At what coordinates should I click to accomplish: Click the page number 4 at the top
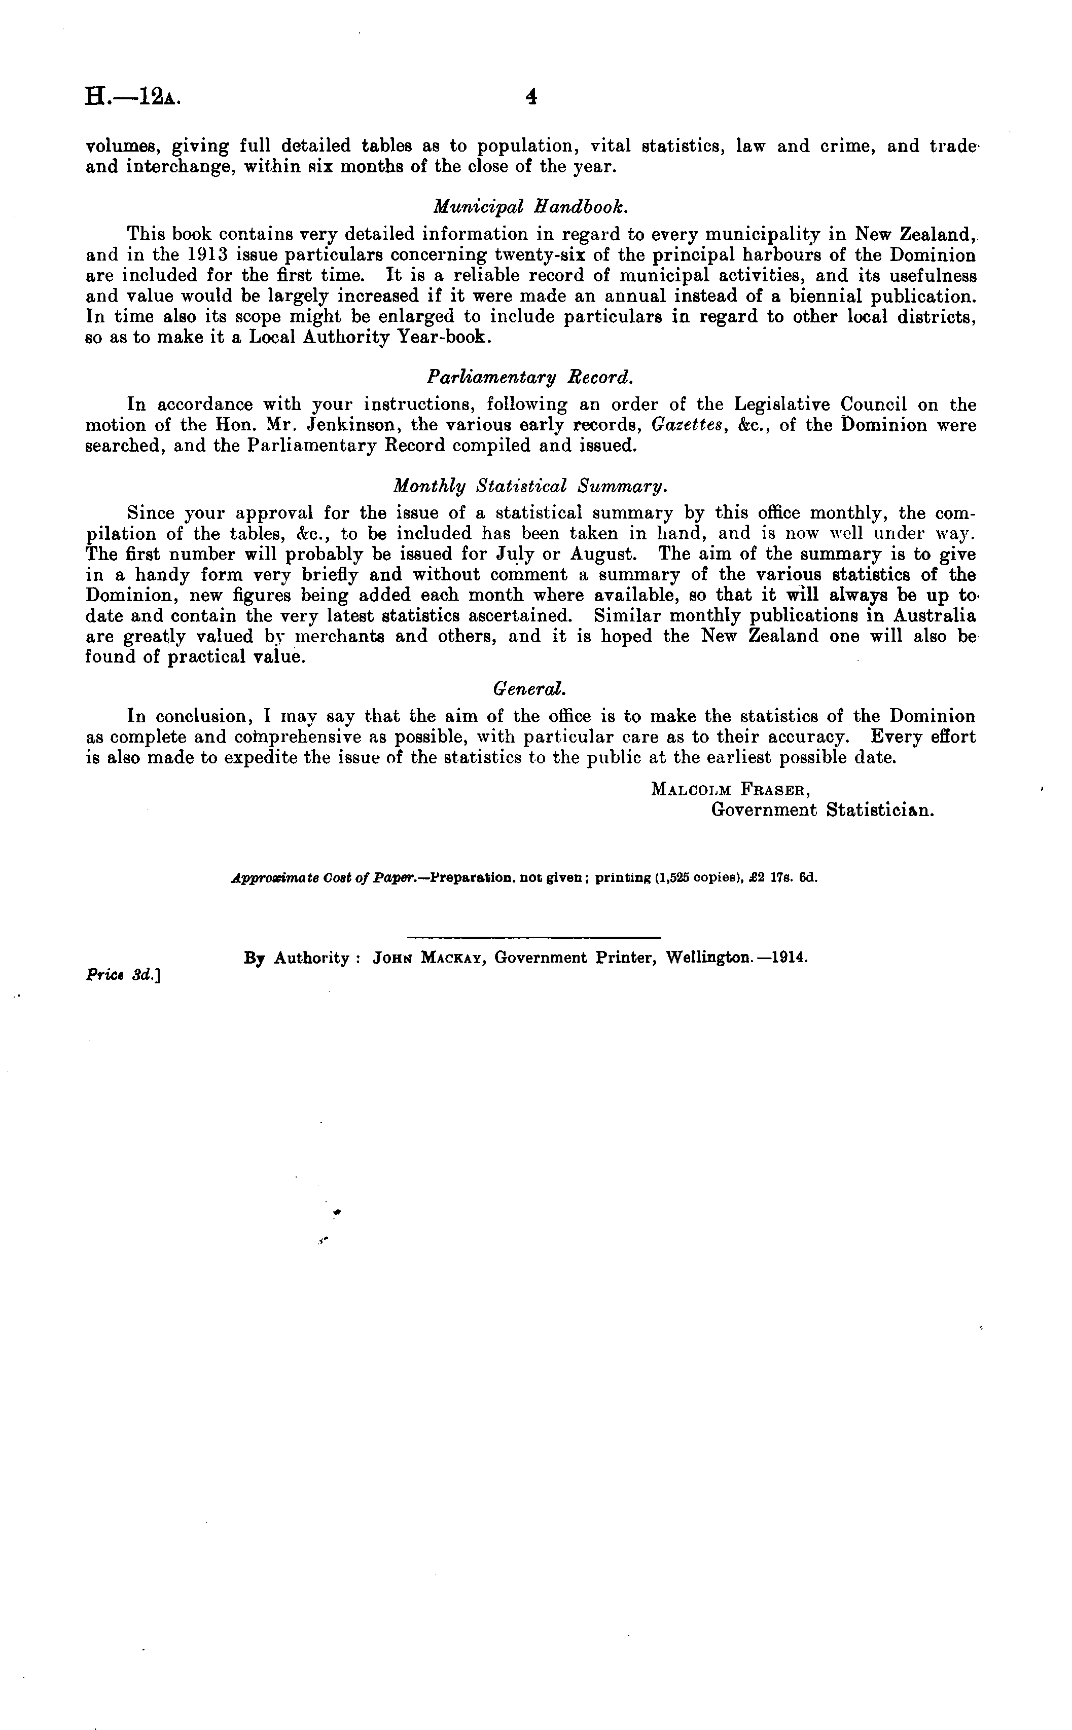click(530, 98)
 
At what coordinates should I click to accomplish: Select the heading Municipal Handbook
click(529, 206)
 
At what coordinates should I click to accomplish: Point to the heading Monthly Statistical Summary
click(529, 486)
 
